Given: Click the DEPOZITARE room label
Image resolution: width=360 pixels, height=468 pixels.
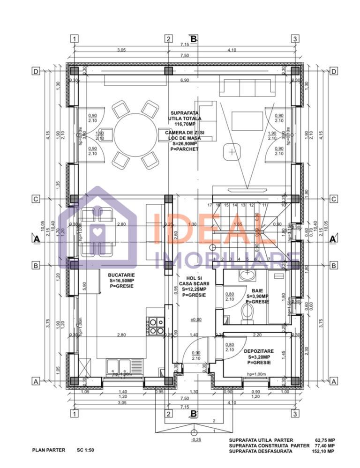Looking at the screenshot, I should point(257,350).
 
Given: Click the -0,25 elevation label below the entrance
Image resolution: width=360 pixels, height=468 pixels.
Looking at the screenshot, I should point(196,439).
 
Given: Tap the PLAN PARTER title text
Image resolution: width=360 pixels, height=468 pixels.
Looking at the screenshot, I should point(49,450).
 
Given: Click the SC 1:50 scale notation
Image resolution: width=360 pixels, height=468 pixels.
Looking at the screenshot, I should point(86,450).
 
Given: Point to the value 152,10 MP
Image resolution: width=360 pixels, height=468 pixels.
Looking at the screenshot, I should point(325,451).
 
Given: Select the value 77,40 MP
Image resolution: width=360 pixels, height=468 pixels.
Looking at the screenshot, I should point(325,446).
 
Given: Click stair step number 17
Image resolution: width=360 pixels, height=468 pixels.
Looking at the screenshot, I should point(210,205).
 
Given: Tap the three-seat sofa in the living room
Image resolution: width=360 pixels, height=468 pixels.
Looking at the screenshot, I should point(247,88).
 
